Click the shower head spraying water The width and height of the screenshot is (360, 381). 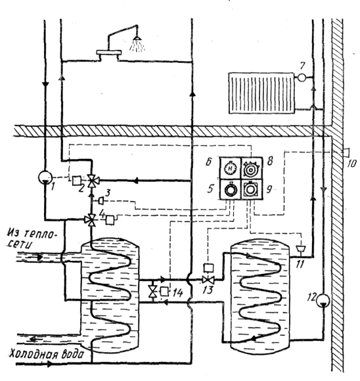coord(137,38)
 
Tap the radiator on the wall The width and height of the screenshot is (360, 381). coord(261,93)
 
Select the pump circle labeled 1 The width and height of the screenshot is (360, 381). coord(45,177)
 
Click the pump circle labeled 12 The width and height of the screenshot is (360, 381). coord(323,300)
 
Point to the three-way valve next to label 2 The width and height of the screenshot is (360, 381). coord(92,181)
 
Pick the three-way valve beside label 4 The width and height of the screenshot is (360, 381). coord(91,220)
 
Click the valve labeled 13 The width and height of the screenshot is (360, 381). coord(208,280)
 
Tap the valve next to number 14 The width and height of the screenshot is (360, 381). coord(152,292)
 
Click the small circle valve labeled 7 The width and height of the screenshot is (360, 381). coord(302,78)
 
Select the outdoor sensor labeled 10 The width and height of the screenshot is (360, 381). coord(346,152)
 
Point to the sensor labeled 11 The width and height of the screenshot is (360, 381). coord(300,249)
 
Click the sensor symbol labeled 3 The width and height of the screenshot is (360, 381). coord(101,201)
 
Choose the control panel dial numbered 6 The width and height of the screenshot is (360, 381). coord(230,168)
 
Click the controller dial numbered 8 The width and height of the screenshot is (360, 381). coord(252,168)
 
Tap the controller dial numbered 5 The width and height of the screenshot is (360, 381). coord(230,189)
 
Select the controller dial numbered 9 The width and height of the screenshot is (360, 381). coord(252,189)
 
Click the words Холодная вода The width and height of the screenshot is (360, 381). coord(46,354)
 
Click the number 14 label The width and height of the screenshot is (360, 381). coord(177,293)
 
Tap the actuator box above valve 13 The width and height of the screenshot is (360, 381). coord(208,268)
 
